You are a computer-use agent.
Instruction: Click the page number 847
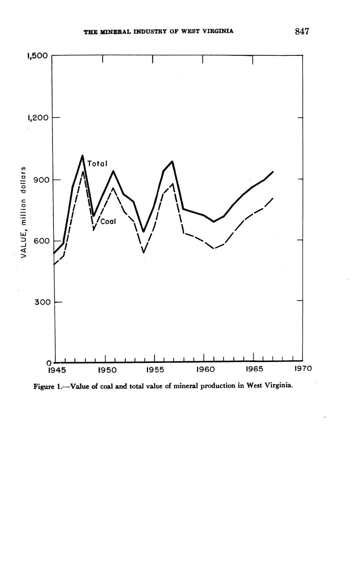click(x=302, y=31)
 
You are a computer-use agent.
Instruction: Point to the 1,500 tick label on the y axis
click(x=37, y=56)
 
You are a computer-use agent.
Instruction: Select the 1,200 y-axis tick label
click(x=37, y=118)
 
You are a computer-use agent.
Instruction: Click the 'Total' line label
click(x=97, y=164)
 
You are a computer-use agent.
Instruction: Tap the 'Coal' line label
click(x=108, y=221)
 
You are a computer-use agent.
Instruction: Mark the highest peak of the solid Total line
click(x=82, y=156)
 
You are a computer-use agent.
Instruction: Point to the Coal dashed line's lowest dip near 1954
click(x=143, y=252)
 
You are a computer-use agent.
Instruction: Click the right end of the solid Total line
click(x=273, y=171)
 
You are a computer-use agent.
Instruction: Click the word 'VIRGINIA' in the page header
click(x=218, y=31)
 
